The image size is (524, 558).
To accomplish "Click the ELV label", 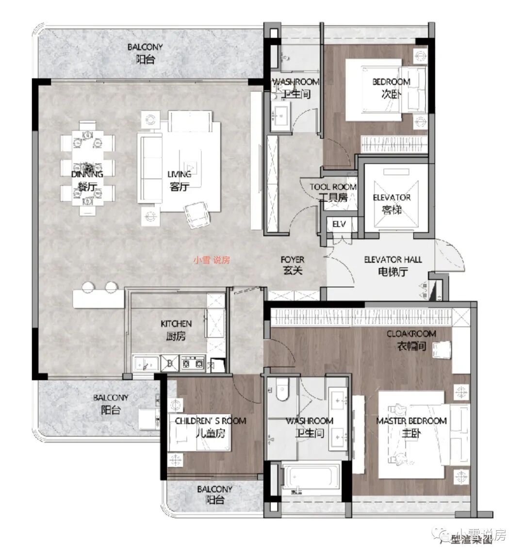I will (339, 224).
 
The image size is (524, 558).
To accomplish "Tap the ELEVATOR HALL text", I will (393, 260).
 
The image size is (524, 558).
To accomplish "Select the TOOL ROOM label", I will (333, 187).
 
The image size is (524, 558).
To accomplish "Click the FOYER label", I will (292, 260).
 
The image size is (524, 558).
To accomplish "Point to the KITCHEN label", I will (176, 324).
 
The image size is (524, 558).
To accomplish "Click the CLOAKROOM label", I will (411, 334).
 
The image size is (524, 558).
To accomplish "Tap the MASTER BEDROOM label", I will (411, 421).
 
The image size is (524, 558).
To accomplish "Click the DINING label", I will (87, 174).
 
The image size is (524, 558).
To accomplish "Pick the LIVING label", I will (179, 174).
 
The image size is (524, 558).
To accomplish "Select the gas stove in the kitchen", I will (192, 362).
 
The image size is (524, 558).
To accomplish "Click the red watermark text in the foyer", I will (212, 260).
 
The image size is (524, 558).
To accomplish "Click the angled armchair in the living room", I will (196, 214).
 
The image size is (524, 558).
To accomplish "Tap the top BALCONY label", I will (145, 47).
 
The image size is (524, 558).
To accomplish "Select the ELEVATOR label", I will (392, 197).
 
